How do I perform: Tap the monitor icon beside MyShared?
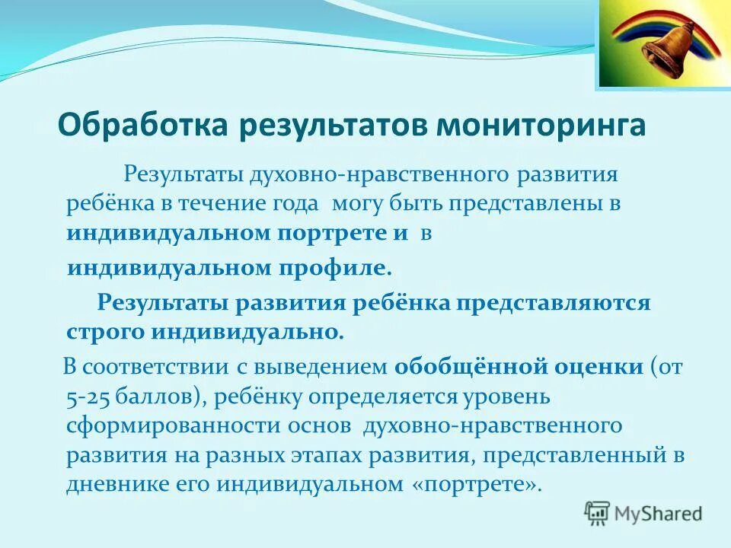pos(598,514)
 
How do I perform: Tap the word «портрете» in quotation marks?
pos(482,485)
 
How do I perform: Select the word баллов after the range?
pos(159,397)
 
